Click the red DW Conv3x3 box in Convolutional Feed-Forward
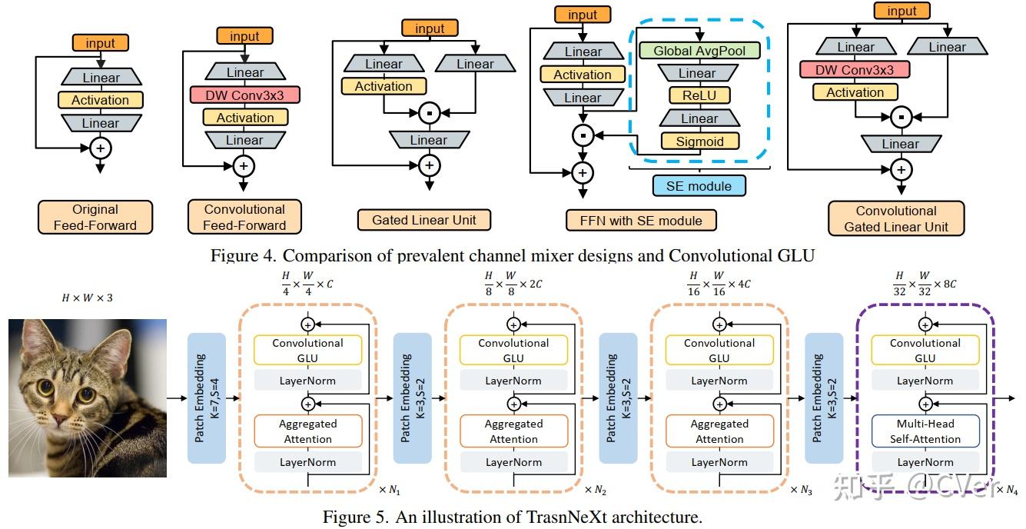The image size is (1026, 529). click(244, 95)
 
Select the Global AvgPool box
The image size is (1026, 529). click(699, 51)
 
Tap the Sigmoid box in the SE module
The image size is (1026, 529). click(699, 141)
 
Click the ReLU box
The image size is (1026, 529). click(699, 96)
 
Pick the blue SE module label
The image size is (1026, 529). click(699, 185)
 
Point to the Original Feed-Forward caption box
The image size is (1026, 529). click(95, 218)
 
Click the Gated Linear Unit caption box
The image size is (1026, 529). click(424, 220)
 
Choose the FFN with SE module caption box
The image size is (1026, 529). click(642, 221)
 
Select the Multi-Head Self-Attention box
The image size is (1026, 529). click(925, 431)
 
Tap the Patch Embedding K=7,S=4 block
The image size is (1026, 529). click(207, 398)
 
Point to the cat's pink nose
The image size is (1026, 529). click(59, 420)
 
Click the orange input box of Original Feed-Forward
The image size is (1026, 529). click(101, 44)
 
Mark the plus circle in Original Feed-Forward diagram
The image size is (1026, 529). click(101, 147)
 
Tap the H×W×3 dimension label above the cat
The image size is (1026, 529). click(87, 297)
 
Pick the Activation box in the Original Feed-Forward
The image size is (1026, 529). click(101, 100)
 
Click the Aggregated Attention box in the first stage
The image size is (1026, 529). click(307, 431)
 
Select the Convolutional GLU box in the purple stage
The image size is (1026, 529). click(925, 351)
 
